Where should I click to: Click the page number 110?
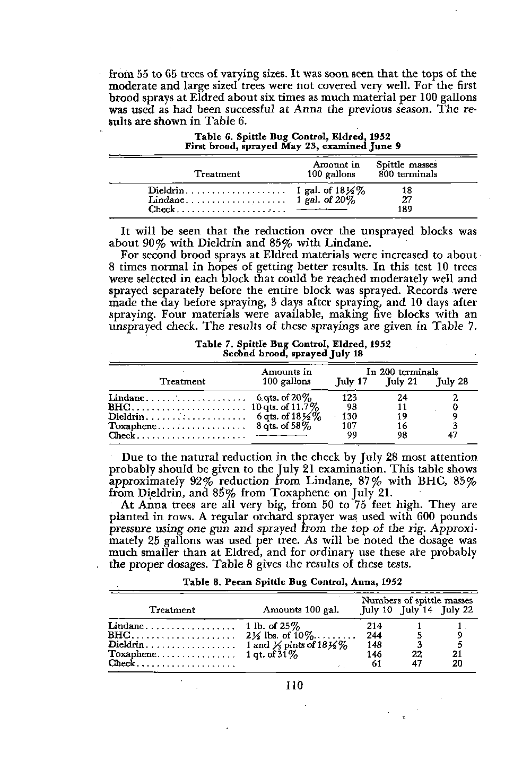[x=293, y=686]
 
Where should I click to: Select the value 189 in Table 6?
[x=407, y=209]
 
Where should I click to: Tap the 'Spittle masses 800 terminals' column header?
[x=407, y=170]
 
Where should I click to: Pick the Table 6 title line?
[x=293, y=137]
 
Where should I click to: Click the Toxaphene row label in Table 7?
[x=133, y=426]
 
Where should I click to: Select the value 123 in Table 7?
[x=350, y=398]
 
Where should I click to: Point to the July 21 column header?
[x=402, y=382]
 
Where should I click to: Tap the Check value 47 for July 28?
[x=455, y=436]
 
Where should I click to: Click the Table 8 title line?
[x=292, y=582]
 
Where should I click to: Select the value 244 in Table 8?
[x=374, y=635]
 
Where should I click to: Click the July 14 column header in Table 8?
[x=417, y=610]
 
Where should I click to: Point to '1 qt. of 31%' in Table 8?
[x=272, y=654]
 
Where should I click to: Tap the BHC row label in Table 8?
[x=119, y=635]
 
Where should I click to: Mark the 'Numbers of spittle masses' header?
[x=417, y=600]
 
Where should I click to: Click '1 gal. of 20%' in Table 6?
[x=326, y=200]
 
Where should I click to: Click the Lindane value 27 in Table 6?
[x=407, y=200]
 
